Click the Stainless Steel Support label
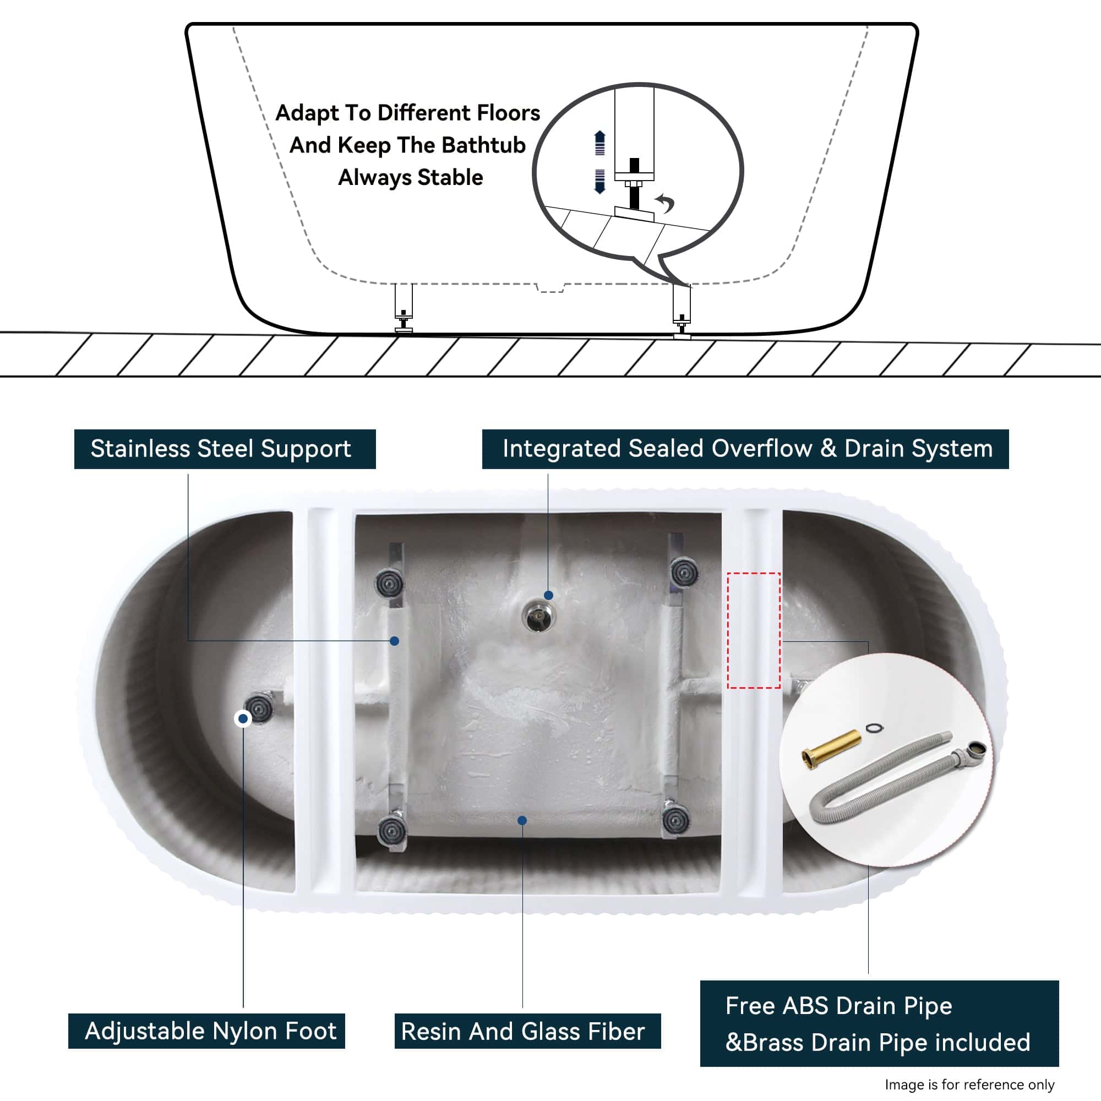point(225,449)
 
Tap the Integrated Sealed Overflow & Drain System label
point(745,449)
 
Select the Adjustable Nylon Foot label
point(207,1031)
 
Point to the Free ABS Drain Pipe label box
point(879,1023)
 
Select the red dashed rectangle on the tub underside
point(754,630)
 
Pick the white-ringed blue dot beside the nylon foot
point(243,718)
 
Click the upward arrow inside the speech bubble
point(599,143)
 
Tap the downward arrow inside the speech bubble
point(599,181)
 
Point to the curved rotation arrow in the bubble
point(666,201)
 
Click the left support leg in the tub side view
point(404,308)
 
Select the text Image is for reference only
point(969,1084)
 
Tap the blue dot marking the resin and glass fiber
point(522,820)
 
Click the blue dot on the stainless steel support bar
point(394,641)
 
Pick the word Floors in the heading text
point(508,113)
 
